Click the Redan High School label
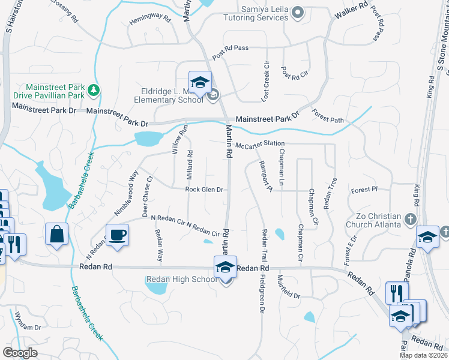[182, 279]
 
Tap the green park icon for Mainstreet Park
[94, 91]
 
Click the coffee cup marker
[117, 235]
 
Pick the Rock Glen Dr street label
[204, 190]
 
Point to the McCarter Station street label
[259, 145]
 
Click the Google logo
[20, 353]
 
